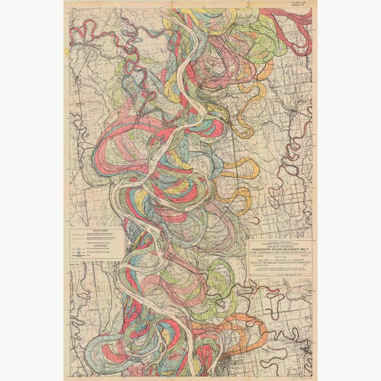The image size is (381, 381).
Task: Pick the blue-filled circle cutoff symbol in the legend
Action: pos(79,252)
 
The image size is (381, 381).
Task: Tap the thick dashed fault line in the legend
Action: pos(79,256)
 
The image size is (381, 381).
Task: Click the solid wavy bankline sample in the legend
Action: pos(79,234)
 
